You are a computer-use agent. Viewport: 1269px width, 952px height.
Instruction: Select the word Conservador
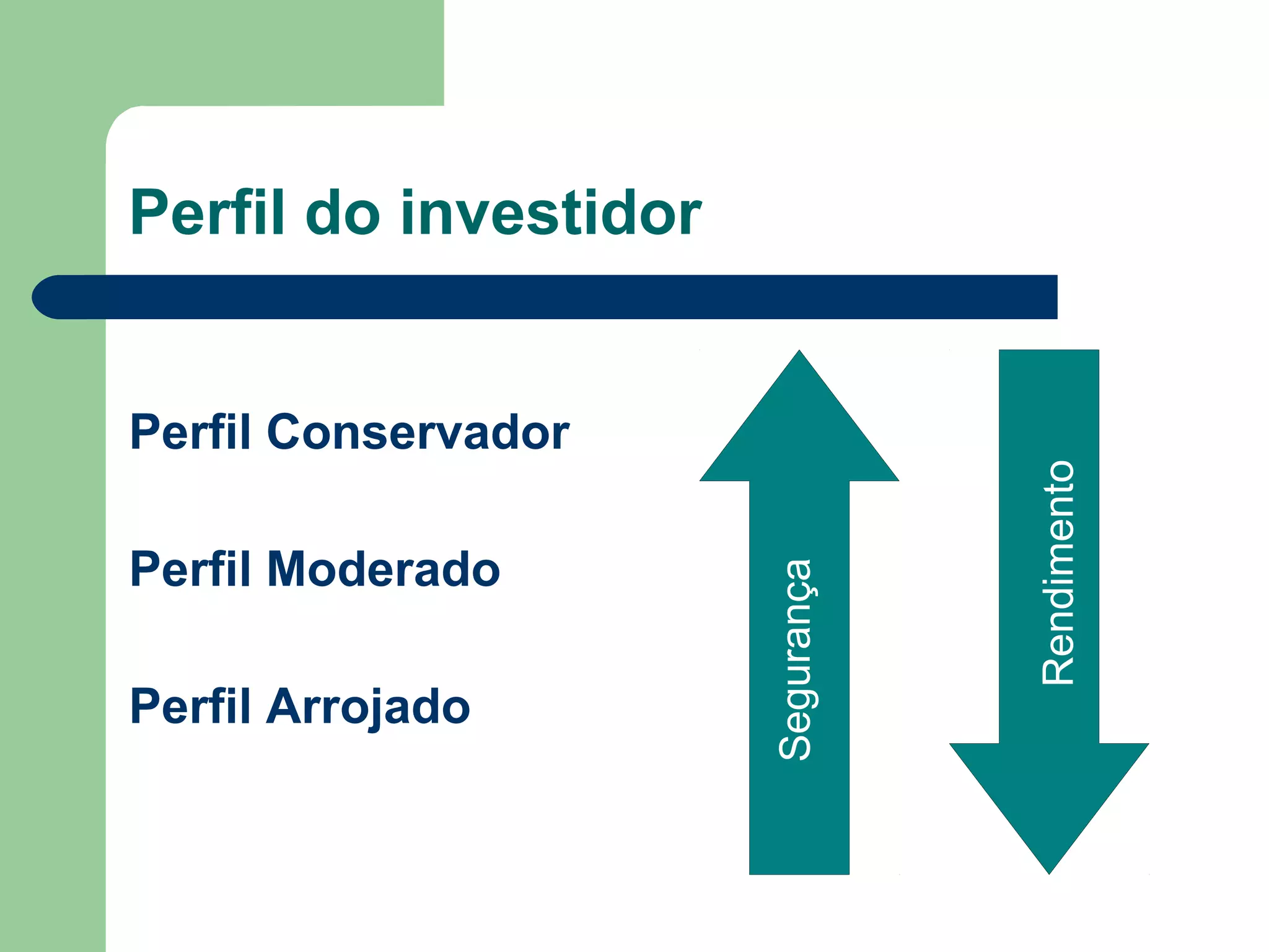(x=418, y=432)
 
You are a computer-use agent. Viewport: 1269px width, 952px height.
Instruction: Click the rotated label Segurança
(x=796, y=659)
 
